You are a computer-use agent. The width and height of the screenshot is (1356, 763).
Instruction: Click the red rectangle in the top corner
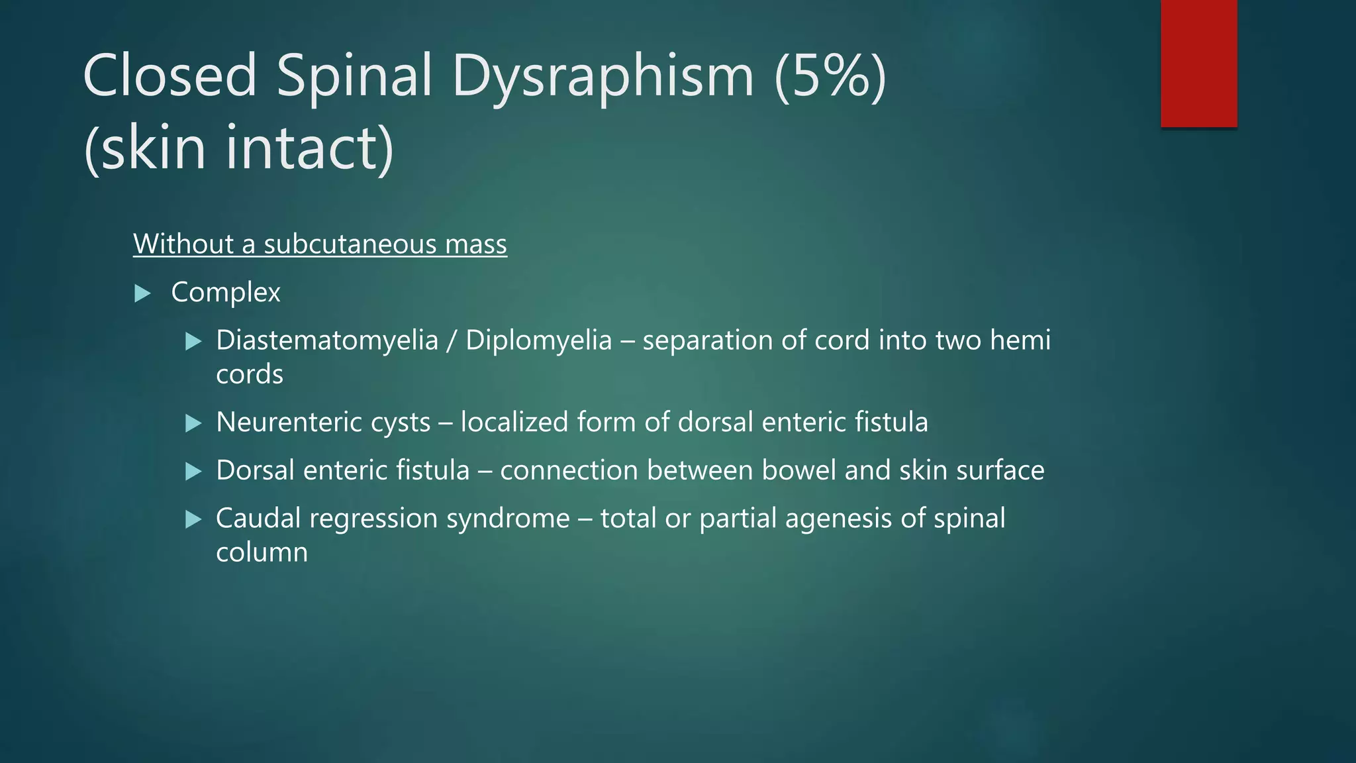tap(1198, 63)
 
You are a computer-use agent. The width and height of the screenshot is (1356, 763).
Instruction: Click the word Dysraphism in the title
tap(603, 76)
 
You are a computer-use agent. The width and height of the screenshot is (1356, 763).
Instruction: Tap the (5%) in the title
tap(830, 76)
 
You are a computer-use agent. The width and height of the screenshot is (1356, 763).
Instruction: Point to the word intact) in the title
tap(309, 148)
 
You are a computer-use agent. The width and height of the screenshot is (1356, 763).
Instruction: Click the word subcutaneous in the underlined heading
tap(350, 244)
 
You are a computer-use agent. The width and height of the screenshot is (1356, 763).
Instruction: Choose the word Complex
tap(226, 293)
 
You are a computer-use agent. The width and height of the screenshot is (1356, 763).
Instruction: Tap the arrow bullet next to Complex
tap(142, 293)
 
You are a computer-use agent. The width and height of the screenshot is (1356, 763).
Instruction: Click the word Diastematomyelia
tap(327, 340)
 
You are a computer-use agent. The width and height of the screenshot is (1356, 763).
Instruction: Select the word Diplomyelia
tap(538, 340)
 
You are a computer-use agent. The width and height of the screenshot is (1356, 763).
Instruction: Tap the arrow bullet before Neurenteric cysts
tap(193, 423)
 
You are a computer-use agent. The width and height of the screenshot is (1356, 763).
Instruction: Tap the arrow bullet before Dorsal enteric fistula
tap(193, 472)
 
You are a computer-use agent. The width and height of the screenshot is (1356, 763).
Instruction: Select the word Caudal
tap(258, 519)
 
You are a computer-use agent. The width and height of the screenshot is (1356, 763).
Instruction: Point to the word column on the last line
tap(262, 552)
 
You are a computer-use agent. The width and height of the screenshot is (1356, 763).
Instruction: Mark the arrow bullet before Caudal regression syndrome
tap(193, 519)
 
